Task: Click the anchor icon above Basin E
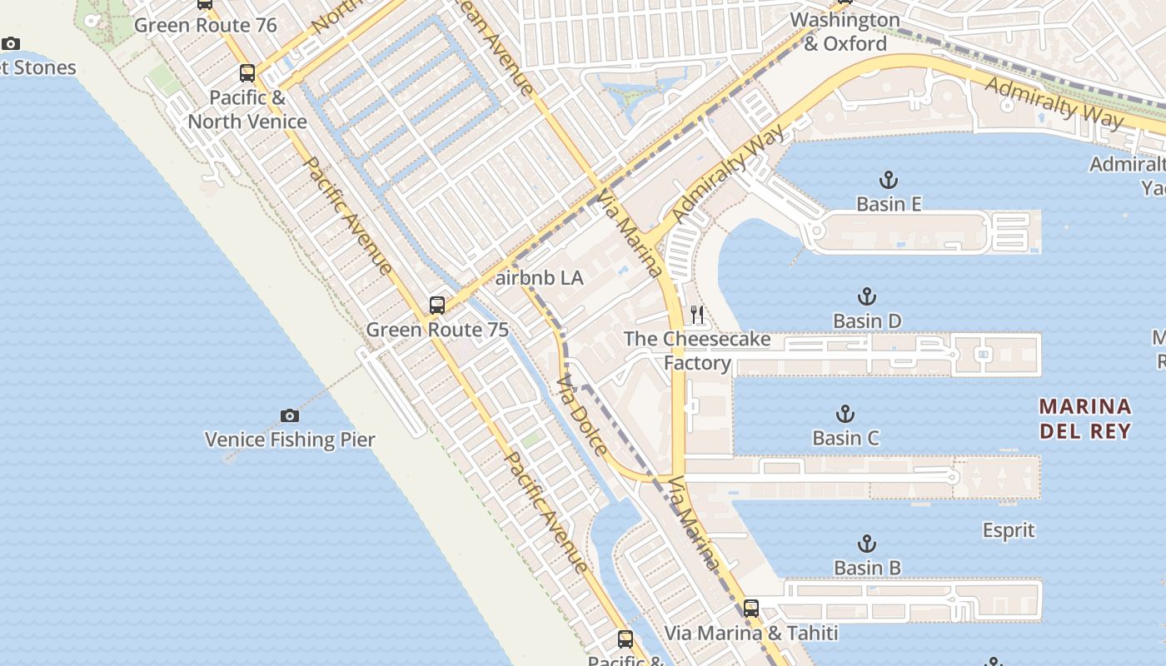[x=889, y=180]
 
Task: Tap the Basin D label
[x=867, y=321]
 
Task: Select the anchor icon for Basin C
[x=845, y=414]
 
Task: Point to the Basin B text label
[x=867, y=568]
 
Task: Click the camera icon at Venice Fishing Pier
[x=289, y=415]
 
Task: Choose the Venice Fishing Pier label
[x=290, y=440]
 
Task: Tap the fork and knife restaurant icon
[x=697, y=315]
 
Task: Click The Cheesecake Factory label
[x=697, y=350]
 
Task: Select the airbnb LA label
[x=539, y=278]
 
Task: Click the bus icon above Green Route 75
[x=437, y=306]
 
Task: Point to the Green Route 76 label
[x=205, y=25]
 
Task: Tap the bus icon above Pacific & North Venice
[x=247, y=73]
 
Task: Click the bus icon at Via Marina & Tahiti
[x=751, y=609]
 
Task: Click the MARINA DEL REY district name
[x=1085, y=419]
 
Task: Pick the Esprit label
[x=1009, y=530]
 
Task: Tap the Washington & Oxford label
[x=845, y=32]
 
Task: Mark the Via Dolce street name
[x=581, y=415]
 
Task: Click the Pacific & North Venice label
[x=247, y=109]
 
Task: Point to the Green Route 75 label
[x=437, y=330]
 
